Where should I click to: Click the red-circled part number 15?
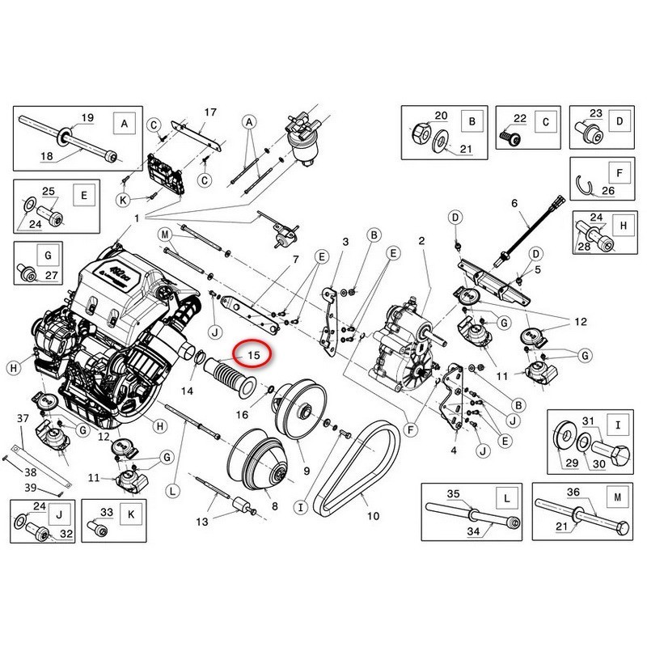tap(252, 355)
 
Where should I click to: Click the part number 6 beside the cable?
tap(513, 203)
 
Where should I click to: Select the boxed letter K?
tap(129, 512)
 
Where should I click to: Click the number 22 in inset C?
tap(519, 119)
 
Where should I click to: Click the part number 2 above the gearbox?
tap(421, 241)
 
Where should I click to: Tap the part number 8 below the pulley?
tap(273, 505)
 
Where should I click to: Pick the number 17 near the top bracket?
tap(210, 112)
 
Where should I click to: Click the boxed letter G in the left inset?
tap(48, 255)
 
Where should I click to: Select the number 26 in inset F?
tap(607, 191)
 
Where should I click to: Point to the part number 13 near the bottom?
tap(201, 522)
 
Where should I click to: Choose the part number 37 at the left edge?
tap(23, 417)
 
